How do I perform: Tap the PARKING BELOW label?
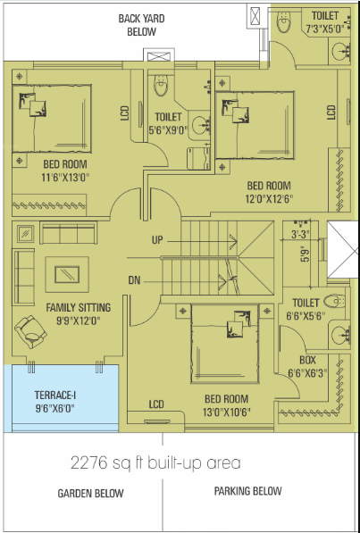pos(248,492)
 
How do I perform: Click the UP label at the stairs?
pos(157,240)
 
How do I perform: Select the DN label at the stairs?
pos(134,280)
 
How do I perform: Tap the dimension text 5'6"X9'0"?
pos(168,129)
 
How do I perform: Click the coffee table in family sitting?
pos(65,273)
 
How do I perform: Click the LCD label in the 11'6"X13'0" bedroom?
pos(124,114)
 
